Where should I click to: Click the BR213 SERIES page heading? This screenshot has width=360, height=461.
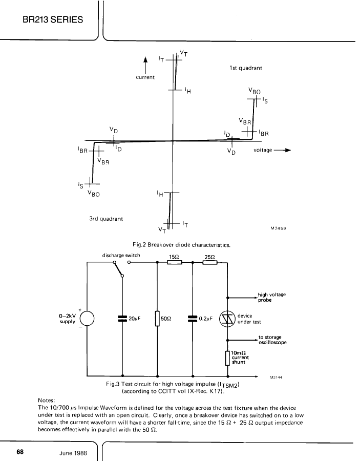[x=53, y=19]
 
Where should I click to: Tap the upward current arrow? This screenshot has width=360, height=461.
[x=145, y=65]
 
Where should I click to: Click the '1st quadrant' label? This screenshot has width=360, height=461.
[x=246, y=68]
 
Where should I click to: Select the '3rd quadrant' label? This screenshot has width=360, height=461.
[x=106, y=219]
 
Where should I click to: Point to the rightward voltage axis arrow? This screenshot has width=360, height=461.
[x=282, y=150]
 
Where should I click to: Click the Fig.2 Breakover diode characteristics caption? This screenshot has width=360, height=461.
[x=181, y=245]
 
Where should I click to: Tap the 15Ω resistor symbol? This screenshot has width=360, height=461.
[x=175, y=262]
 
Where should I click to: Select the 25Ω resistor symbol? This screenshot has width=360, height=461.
[x=210, y=262]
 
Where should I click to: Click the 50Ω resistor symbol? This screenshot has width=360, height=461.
[x=158, y=319]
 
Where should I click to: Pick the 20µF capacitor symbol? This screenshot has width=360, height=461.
[x=122, y=319]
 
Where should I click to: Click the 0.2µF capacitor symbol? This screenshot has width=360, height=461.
[x=193, y=319]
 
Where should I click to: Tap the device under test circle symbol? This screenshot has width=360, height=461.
[x=228, y=319]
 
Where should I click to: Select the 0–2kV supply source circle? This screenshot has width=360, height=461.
[x=87, y=319]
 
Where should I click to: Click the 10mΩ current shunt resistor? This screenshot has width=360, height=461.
[x=227, y=358]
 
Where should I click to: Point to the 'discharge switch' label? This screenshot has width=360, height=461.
[x=121, y=255]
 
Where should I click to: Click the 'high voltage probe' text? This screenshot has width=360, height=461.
[x=271, y=297]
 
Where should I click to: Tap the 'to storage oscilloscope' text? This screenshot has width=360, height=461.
[x=272, y=340]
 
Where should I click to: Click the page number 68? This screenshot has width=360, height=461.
[x=20, y=452]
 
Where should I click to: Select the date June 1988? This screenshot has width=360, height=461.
[x=73, y=453]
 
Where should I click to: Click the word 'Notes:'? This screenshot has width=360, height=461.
[x=47, y=401]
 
